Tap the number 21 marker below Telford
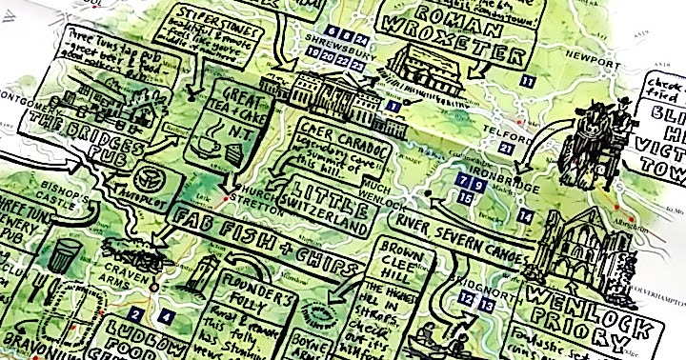pyautogui.click(x=506, y=149)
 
